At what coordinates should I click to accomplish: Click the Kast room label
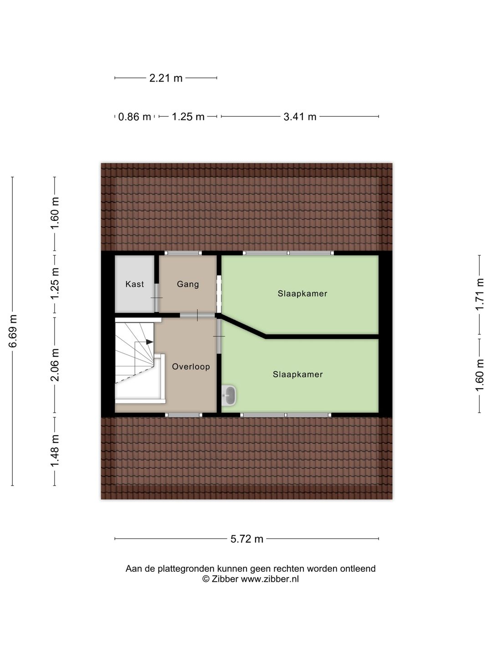tap(134, 284)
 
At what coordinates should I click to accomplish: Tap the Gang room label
tap(188, 284)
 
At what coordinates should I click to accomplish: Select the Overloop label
tap(191, 367)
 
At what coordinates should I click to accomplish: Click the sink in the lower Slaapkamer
tap(230, 395)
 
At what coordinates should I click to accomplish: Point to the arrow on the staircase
tap(149, 342)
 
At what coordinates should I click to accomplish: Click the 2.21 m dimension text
tap(166, 78)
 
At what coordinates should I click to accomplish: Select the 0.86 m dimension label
tap(134, 117)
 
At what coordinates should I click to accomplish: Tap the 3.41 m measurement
tap(300, 117)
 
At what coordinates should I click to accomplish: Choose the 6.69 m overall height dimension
tap(13, 331)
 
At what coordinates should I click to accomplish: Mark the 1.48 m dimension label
tap(55, 451)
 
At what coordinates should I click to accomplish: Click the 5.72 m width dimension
tap(247, 539)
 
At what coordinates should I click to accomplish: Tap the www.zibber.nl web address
tap(270, 579)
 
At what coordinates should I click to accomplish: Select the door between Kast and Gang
tap(157, 297)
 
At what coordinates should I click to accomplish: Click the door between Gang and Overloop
tap(197, 315)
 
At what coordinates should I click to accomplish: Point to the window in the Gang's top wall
tap(183, 253)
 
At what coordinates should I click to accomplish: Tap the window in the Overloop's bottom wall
tap(183, 415)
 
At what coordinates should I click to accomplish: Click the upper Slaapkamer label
tap(302, 294)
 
